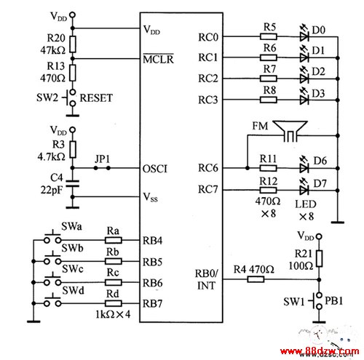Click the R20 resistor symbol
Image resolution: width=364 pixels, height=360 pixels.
coord(73,44)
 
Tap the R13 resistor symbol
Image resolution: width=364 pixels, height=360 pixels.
coord(73,73)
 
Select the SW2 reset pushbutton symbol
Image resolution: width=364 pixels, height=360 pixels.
coord(71,98)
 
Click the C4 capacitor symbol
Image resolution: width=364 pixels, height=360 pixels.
coord(73,183)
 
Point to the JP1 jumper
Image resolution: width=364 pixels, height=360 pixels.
coord(102,168)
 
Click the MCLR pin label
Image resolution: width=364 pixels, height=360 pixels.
coord(158,59)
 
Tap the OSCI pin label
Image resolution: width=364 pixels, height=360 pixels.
coord(155,169)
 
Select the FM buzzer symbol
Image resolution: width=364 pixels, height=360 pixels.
coord(290,131)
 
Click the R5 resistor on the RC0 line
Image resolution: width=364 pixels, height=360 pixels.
coord(269,37)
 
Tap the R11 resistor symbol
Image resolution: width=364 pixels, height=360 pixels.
coord(268,168)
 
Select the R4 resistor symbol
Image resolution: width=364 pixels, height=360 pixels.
coord(256,279)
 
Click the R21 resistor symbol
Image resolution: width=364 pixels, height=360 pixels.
coord(320,259)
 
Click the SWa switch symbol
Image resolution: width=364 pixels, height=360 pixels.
coord(52,238)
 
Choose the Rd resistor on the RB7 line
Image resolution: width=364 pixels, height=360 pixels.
coord(114,303)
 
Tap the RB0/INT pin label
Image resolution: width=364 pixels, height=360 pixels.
coord(207,279)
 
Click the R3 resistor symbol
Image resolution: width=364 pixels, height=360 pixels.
coord(73,149)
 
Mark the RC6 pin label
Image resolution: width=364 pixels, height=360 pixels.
coord(208,168)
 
